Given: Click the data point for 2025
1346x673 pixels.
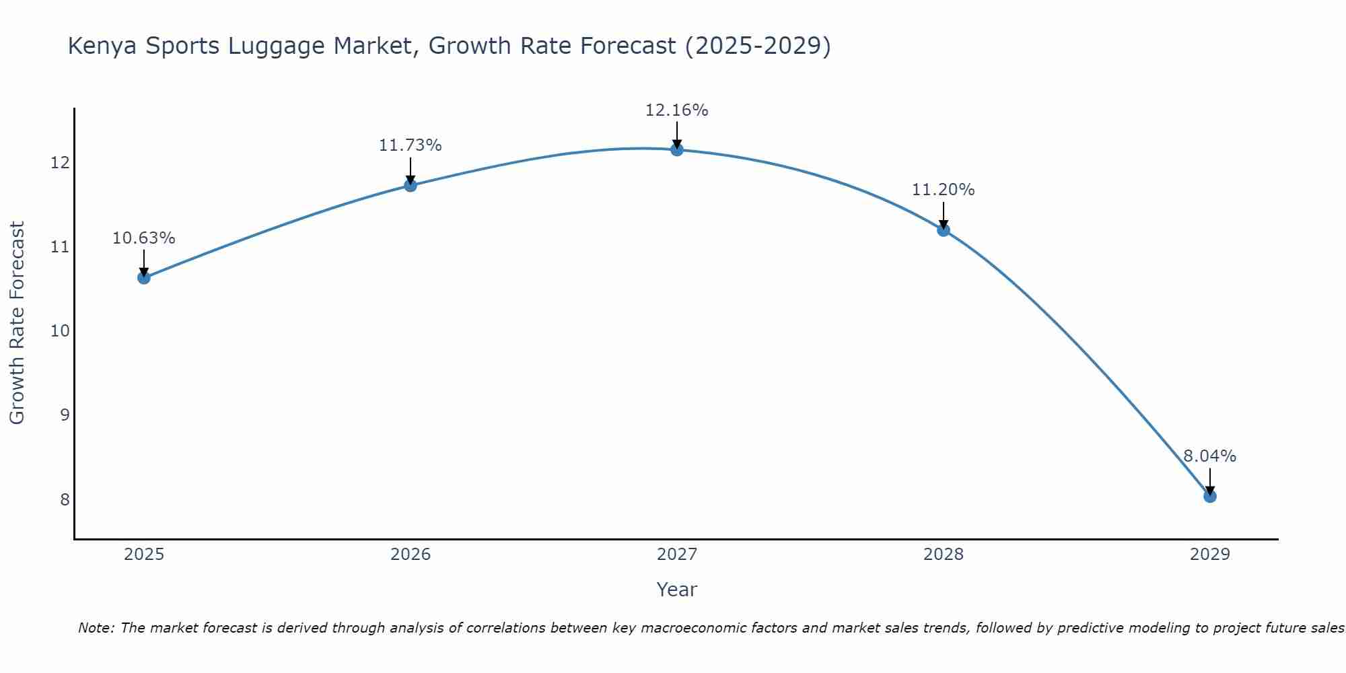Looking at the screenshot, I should tap(143, 277).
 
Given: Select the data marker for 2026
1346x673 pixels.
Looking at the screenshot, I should tap(411, 185).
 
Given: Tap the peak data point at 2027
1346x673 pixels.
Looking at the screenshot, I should tap(677, 149).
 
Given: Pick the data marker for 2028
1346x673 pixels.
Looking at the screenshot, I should tap(944, 230).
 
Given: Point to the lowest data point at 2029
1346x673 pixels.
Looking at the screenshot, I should tap(1210, 497).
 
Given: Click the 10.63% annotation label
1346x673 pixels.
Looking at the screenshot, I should tap(143, 238).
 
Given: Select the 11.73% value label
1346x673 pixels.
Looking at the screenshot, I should tap(410, 145).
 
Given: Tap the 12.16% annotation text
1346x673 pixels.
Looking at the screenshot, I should tap(676, 110).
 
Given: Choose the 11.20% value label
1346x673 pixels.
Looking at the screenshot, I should tap(943, 190).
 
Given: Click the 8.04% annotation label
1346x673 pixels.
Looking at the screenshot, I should tap(1209, 456).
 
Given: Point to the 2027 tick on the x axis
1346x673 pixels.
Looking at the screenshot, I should tap(677, 555).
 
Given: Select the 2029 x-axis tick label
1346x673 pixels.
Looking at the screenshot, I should tap(1210, 555).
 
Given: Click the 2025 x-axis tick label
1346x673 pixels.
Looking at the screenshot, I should tap(144, 555).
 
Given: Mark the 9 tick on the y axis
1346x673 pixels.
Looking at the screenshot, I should tap(65, 415).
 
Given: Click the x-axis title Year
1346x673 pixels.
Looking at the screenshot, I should tap(676, 590).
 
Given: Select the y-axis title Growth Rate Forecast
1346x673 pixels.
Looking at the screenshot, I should tap(17, 322).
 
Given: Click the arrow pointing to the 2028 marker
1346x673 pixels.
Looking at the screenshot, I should tap(944, 215).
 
